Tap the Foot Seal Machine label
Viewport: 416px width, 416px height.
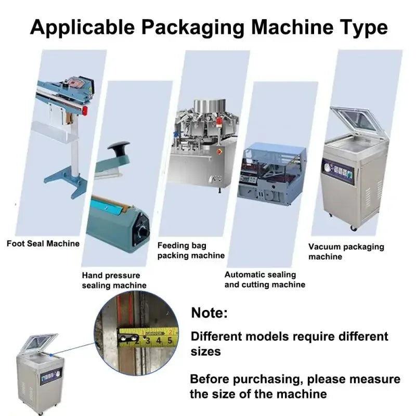click(43, 243)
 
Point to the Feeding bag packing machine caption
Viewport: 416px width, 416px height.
click(191, 250)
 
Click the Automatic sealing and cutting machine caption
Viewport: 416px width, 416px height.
click(265, 279)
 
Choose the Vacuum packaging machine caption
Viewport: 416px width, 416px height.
click(346, 252)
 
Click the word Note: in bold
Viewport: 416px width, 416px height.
click(210, 313)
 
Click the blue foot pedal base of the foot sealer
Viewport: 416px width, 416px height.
click(64, 182)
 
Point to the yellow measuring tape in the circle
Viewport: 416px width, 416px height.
click(148, 337)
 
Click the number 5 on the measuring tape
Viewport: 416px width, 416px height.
click(169, 341)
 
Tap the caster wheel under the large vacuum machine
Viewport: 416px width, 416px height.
click(354, 228)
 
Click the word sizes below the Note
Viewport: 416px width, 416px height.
click(206, 352)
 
